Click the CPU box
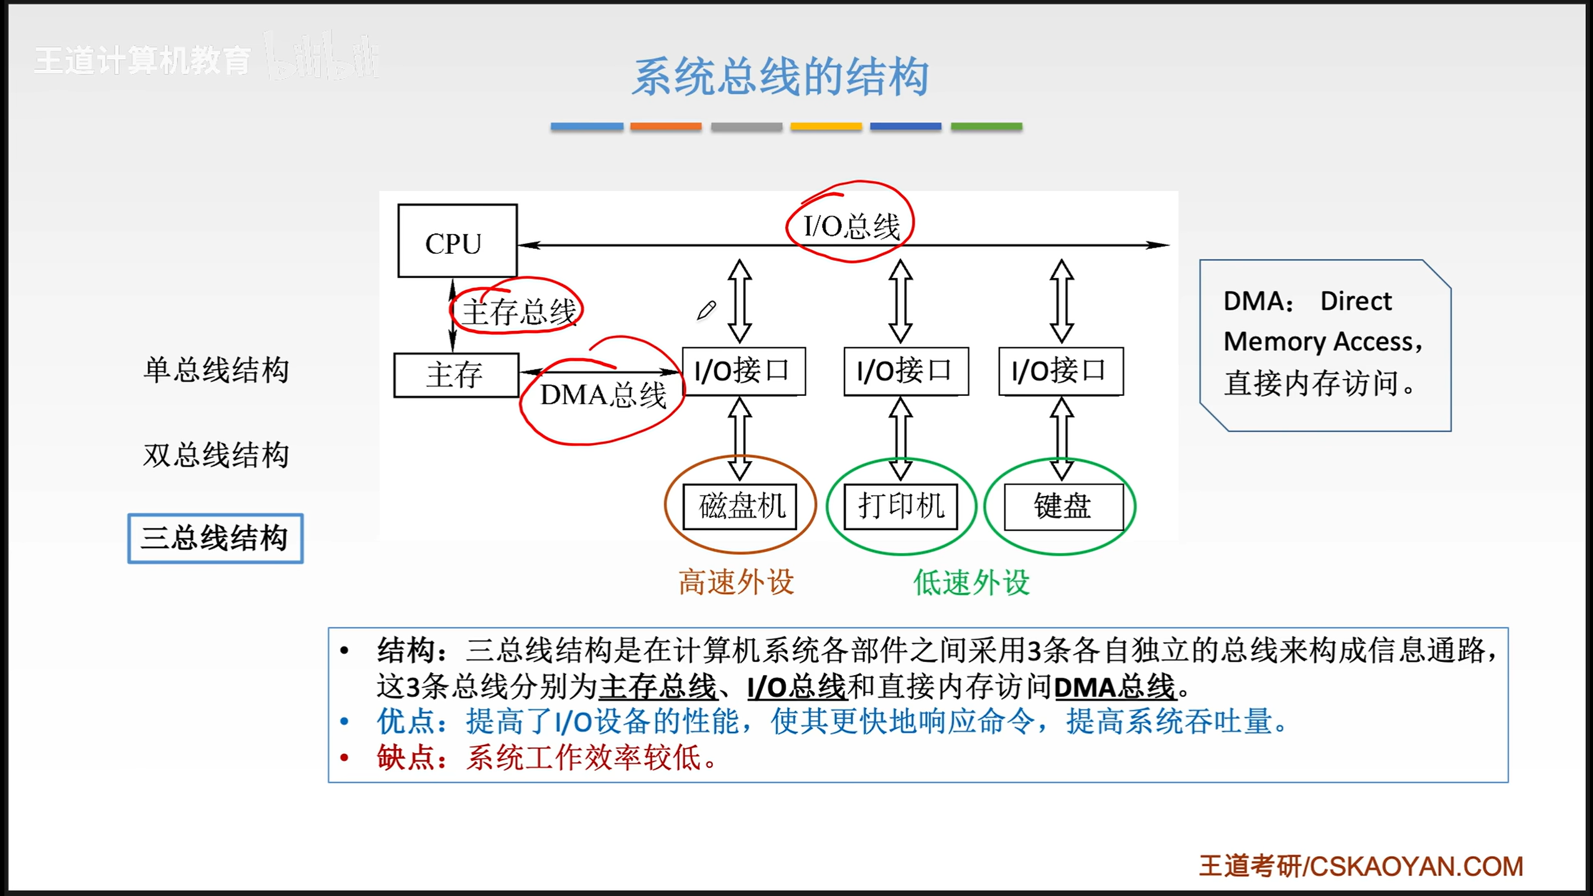click(x=457, y=241)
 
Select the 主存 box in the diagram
click(x=456, y=375)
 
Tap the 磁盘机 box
click(x=740, y=506)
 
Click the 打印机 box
click(x=900, y=506)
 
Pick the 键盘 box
click(x=1064, y=506)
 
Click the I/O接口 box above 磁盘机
click(x=744, y=371)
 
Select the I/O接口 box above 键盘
click(x=1061, y=371)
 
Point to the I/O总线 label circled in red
click(x=852, y=226)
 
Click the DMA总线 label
click(x=603, y=395)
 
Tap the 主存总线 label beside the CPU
click(x=520, y=312)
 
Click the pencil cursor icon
click(x=706, y=310)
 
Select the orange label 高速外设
click(x=736, y=582)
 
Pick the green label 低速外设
click(x=971, y=582)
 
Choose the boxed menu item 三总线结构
click(x=215, y=538)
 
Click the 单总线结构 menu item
click(x=216, y=370)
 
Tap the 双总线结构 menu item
click(x=216, y=455)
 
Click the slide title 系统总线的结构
click(x=781, y=77)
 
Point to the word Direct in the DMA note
click(x=1356, y=301)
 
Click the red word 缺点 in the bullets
click(x=406, y=757)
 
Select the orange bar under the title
click(x=666, y=126)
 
